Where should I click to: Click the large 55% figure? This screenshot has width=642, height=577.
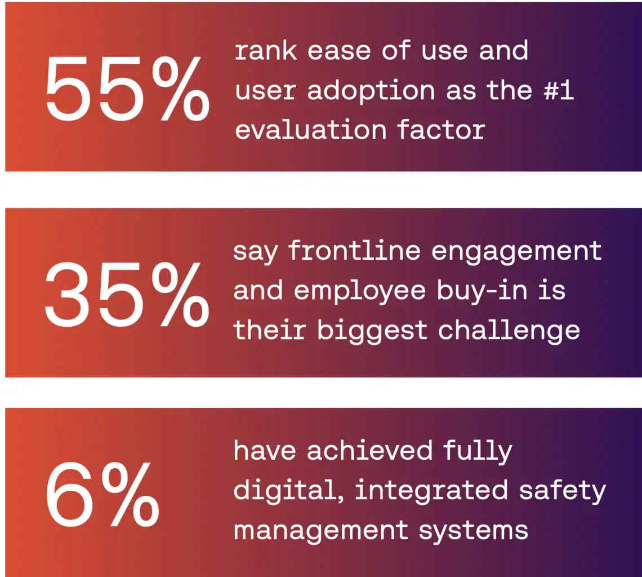click(x=127, y=89)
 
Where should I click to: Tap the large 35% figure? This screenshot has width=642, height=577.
click(x=127, y=294)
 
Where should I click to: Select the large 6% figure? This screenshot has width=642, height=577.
click(x=102, y=494)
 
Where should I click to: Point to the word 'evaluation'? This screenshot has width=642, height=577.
click(x=311, y=130)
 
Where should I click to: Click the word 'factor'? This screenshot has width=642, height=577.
click(x=441, y=130)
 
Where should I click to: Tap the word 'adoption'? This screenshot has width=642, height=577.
click(x=371, y=91)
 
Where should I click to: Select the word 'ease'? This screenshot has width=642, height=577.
click(x=339, y=52)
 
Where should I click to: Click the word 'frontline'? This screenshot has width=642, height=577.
click(x=355, y=250)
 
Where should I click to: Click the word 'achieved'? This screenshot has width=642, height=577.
click(x=369, y=450)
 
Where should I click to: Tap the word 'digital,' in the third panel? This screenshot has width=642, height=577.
click(x=289, y=491)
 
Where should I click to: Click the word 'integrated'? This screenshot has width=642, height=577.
click(x=431, y=491)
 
